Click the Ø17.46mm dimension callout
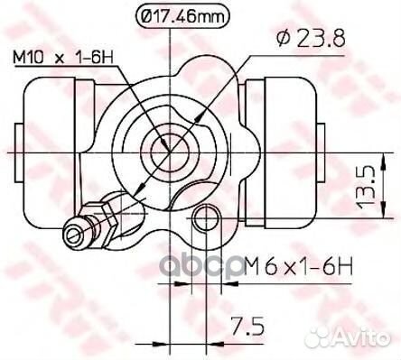[x=182, y=16]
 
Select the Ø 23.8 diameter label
[x=311, y=39]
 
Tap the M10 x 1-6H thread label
[x=63, y=57]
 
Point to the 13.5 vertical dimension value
[x=365, y=188]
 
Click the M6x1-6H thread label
[x=298, y=266]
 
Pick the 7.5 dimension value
[x=247, y=327]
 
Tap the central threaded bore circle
[x=171, y=152]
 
